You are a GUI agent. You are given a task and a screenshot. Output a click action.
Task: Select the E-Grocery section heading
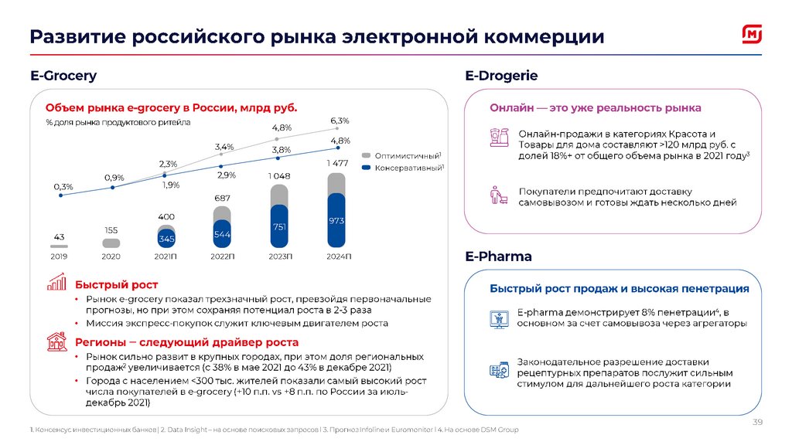(63, 76)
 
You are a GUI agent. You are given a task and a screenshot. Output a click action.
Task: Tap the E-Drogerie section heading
(501, 76)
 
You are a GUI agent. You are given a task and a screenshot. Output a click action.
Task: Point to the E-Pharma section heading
(498, 256)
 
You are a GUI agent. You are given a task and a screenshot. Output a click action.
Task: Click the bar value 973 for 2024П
(336, 221)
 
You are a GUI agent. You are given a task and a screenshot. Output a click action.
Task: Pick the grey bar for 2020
(111, 243)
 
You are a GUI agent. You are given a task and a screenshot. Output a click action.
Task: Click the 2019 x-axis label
(58, 256)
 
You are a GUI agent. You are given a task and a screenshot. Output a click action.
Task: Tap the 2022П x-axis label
(223, 256)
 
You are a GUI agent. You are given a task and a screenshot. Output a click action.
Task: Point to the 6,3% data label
(340, 121)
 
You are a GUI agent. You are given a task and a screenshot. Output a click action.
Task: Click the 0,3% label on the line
(63, 186)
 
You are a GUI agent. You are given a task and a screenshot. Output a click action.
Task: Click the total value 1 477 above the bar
(336, 163)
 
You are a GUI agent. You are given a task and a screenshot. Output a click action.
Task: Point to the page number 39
(758, 421)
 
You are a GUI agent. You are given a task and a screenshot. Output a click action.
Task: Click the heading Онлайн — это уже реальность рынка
(596, 108)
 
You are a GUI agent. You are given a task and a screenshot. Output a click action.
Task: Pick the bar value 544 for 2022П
(223, 234)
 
